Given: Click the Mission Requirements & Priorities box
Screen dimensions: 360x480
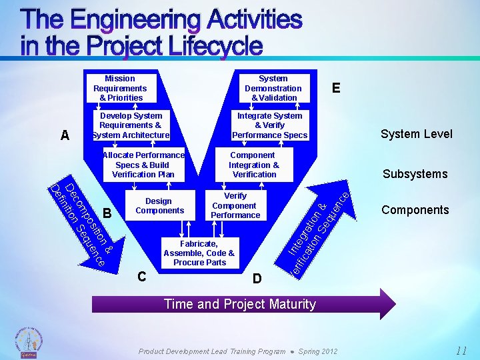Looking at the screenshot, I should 120,88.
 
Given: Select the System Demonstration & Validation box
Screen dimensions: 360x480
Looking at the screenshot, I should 273,88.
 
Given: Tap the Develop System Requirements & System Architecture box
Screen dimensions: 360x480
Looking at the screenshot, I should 131,125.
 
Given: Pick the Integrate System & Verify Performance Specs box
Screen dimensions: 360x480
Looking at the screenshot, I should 269,125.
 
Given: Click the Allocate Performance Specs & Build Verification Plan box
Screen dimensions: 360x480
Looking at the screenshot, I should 143,165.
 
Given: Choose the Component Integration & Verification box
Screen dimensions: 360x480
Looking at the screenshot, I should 254,165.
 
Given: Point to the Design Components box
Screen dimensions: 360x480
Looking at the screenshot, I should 159,206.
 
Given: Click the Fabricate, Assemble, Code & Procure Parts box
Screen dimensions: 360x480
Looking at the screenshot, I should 199,253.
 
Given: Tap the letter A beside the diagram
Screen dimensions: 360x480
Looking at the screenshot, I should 65,136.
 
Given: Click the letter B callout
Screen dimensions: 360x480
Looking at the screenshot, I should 107,213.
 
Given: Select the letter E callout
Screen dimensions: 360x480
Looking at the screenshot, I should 336,89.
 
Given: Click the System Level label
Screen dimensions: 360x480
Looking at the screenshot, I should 416,134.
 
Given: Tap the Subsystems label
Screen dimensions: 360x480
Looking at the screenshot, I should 415,174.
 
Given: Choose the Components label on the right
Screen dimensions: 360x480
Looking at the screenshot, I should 415,210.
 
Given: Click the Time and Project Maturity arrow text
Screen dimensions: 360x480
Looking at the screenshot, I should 240,304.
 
